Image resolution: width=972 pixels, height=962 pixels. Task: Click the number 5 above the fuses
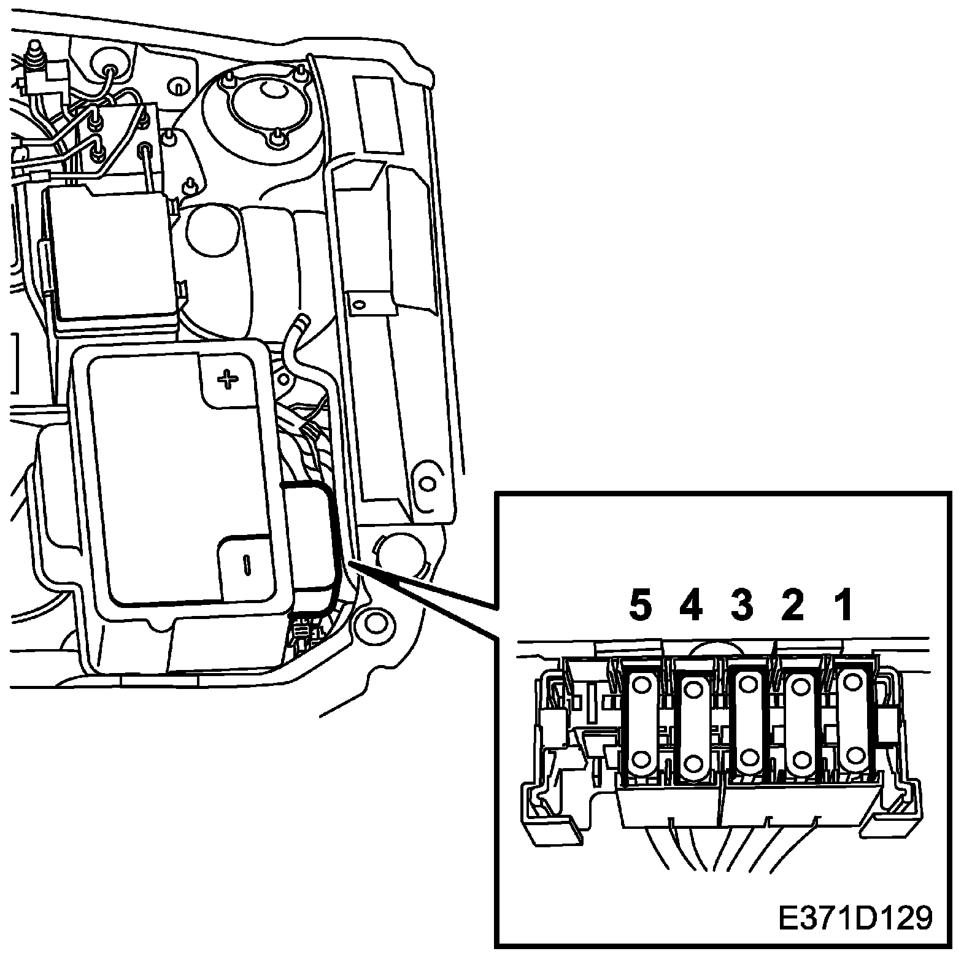[640, 607]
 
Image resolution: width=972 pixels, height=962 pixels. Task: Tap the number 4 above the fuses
[691, 607]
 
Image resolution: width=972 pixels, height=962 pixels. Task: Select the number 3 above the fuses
[742, 607]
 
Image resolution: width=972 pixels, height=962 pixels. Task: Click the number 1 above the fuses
[844, 607]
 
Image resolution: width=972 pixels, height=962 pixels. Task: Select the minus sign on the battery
[246, 564]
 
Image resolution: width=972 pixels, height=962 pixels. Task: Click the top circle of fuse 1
[852, 683]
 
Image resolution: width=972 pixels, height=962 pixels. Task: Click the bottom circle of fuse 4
[693, 763]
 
